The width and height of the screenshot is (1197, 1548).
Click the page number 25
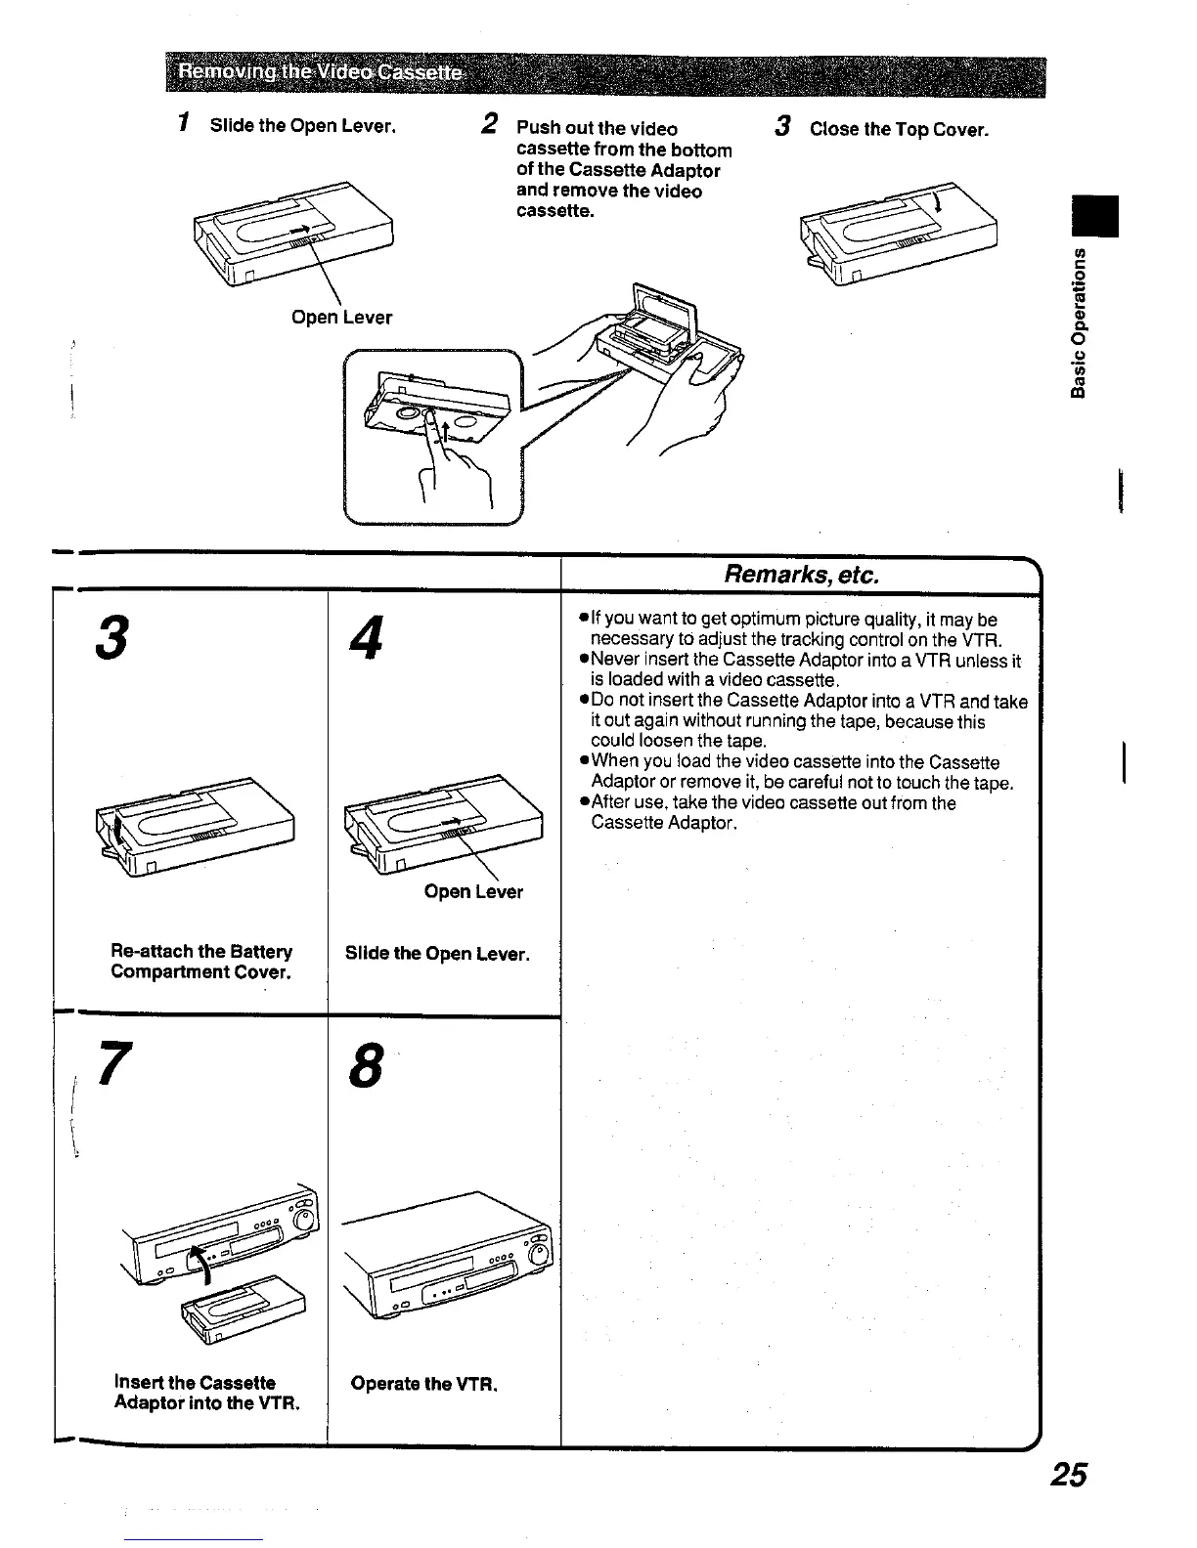pos(1064,1475)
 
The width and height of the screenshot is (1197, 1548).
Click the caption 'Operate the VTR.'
pos(424,1384)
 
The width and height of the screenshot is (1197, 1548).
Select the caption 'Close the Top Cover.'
pos(899,130)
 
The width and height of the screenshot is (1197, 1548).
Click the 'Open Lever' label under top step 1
pos(342,318)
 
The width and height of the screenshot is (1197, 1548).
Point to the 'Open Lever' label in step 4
pos(474,891)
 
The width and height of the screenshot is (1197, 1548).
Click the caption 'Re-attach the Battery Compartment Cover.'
pos(201,962)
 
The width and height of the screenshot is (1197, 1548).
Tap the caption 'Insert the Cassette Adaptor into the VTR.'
pos(206,1394)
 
